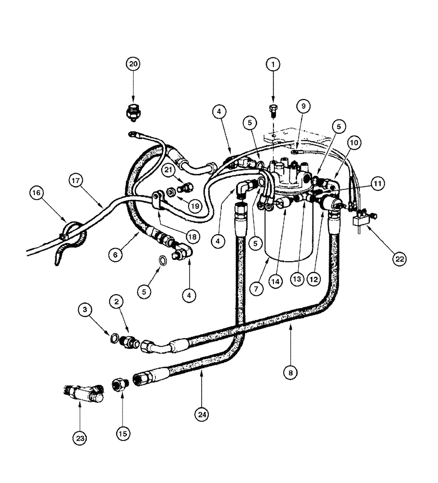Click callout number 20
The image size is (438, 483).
coord(133,64)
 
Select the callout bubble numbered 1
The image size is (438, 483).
coord(273,64)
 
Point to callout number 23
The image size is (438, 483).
coord(80,439)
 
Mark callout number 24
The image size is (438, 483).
coord(202,414)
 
